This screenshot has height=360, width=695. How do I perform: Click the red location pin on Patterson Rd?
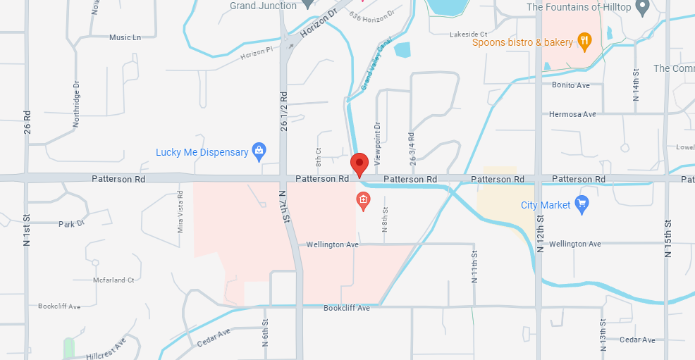[x=359, y=164]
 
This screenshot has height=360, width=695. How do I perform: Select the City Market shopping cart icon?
[x=582, y=205]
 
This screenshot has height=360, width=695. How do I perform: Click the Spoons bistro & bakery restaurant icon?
[x=584, y=42]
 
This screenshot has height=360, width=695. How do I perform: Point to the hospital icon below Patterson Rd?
[x=363, y=201]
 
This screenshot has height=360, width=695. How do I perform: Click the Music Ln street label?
[x=125, y=37]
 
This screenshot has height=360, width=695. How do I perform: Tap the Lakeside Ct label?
[x=469, y=34]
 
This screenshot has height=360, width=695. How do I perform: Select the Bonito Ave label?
[x=570, y=85]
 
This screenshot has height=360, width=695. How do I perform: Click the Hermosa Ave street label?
[x=572, y=114]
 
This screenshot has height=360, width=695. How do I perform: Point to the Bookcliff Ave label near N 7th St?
[x=347, y=308]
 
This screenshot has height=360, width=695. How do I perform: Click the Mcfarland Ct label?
[x=113, y=280]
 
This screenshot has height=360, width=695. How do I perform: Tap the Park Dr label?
[x=71, y=224]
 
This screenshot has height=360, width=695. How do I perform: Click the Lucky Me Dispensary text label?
[x=202, y=152]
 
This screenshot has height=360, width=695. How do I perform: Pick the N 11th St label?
[x=474, y=266]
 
